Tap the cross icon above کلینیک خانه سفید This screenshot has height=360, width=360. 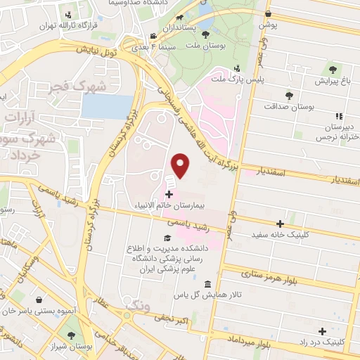[x=281, y=224]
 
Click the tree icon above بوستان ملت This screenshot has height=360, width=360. [x=205, y=33]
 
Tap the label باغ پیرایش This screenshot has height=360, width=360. [x=332, y=81]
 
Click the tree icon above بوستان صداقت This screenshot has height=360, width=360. [x=289, y=95]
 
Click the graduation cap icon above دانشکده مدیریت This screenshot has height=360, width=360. [x=167, y=238]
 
